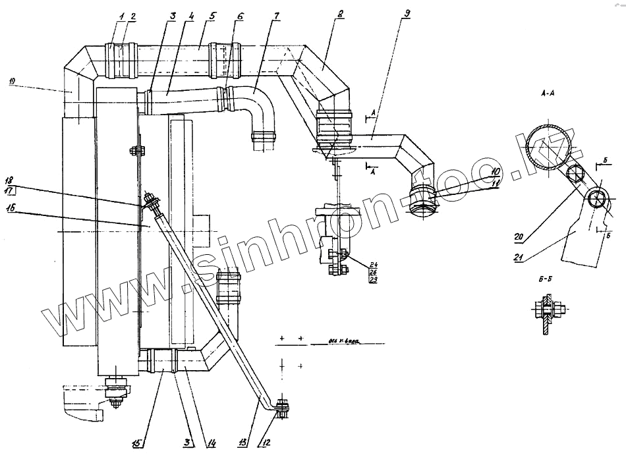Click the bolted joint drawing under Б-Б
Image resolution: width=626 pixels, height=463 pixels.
point(546,315)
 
